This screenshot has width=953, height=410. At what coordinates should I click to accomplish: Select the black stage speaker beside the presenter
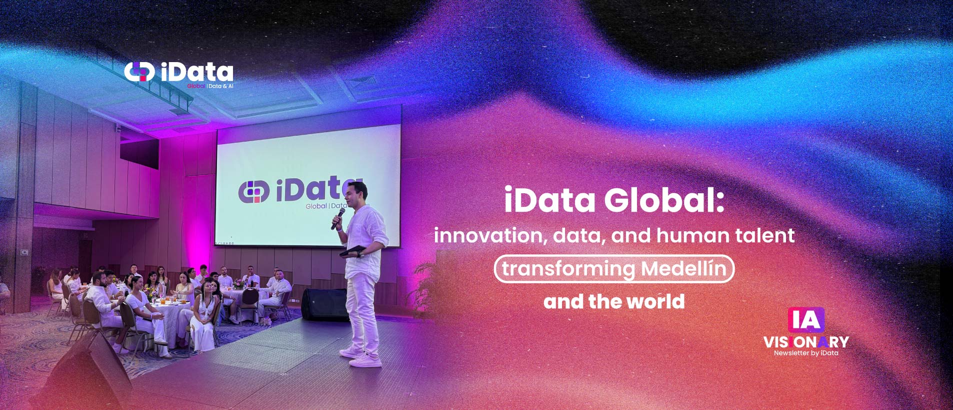click(324, 304)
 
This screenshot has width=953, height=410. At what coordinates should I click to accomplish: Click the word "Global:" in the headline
click(664, 200)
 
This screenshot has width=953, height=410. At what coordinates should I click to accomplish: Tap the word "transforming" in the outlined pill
click(568, 269)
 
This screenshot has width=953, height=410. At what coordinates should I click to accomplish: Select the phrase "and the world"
click(614, 301)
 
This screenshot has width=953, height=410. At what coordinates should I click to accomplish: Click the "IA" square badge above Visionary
click(806, 320)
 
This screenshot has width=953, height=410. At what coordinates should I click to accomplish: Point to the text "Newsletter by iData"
click(806, 353)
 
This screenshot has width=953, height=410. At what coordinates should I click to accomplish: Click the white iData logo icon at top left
click(139, 72)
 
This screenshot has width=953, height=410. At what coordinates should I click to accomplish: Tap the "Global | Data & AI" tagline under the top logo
click(210, 86)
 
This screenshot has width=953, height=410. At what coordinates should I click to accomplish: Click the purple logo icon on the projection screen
click(254, 192)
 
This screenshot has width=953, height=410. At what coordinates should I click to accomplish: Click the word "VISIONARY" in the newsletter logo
click(806, 342)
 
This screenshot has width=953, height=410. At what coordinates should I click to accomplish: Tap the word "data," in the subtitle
click(577, 236)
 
